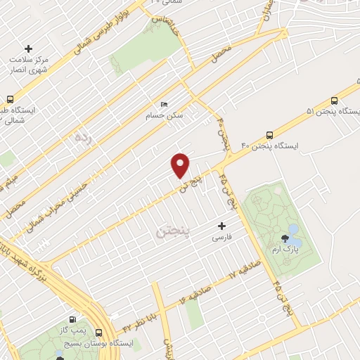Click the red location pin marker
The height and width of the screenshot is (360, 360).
(x=181, y=165)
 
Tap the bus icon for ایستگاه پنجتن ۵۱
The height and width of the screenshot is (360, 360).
(x=334, y=101)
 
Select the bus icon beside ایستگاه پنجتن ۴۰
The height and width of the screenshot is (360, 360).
(x=270, y=136)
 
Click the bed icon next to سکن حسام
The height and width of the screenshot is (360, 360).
(x=165, y=105)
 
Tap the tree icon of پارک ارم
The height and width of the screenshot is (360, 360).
(x=285, y=239)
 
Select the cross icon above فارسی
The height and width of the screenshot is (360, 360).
(x=222, y=226)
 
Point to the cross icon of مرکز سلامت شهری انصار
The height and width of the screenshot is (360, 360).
(x=28, y=49)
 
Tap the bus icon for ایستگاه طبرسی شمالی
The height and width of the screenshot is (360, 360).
(x=10, y=99)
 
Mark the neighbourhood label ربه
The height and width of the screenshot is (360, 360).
(x=82, y=139)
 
